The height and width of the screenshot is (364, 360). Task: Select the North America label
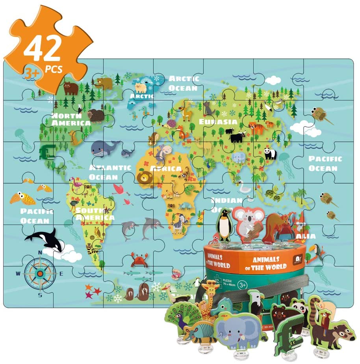coord(71,119)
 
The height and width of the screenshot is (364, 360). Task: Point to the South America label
coord(95,214)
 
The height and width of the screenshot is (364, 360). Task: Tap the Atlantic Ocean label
coord(109,172)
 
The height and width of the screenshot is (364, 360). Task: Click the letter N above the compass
coord(40,253)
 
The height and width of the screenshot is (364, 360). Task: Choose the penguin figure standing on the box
coord(225,225)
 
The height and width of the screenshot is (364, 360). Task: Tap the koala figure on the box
coord(247,223)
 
